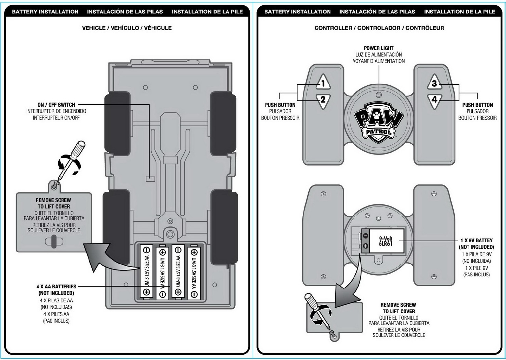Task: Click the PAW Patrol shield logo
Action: coord(379,122)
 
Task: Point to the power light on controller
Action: coord(379,95)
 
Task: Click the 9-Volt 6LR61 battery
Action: coord(386,241)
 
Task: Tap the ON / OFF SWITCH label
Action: coord(56,105)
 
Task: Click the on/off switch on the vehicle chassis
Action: coord(150,179)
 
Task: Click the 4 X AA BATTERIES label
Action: coord(56,287)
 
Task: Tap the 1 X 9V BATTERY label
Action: coord(477,240)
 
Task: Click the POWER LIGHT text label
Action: coord(379,48)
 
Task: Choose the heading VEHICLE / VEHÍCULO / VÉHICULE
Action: coord(127,28)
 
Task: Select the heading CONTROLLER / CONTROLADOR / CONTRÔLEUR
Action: coord(379,28)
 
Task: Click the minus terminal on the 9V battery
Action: coord(365,236)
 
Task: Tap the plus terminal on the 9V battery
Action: coord(365,246)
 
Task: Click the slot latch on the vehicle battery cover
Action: coord(54,242)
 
